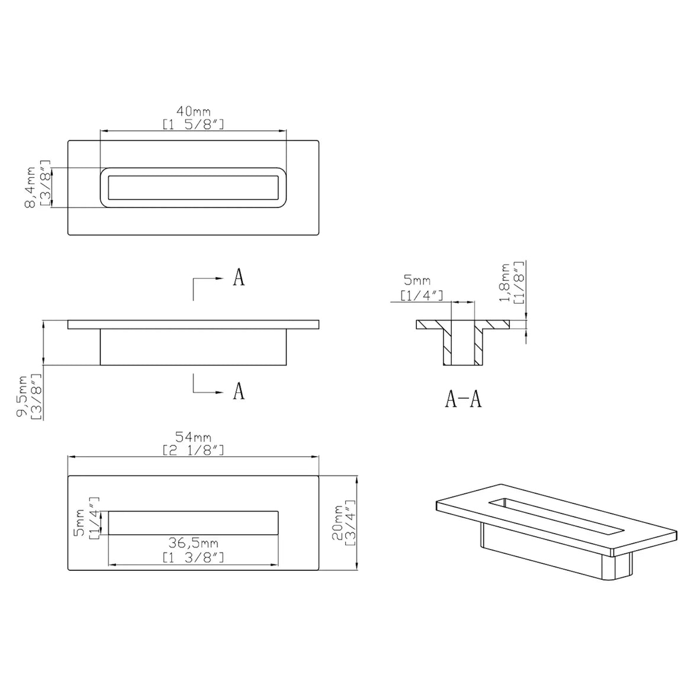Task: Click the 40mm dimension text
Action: [x=193, y=111]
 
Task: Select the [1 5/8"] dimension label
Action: [x=193, y=124]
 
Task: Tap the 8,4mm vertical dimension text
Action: [x=31, y=187]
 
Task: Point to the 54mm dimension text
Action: [x=193, y=437]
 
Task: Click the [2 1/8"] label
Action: [x=193, y=451]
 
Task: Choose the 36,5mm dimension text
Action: [x=193, y=543]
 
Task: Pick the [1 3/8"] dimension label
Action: [x=193, y=557]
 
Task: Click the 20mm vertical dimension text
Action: [x=338, y=523]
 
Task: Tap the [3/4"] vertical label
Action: [x=351, y=523]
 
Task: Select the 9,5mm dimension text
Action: [x=23, y=396]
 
